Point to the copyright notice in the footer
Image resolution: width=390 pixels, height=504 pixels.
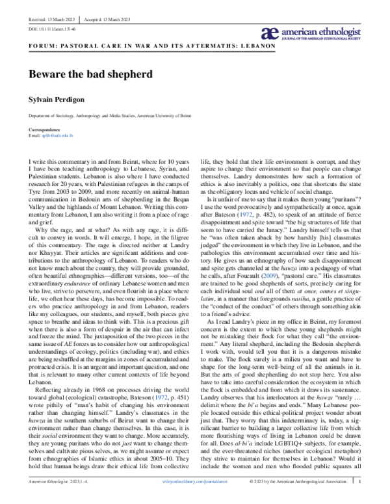click(x=298, y=499)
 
